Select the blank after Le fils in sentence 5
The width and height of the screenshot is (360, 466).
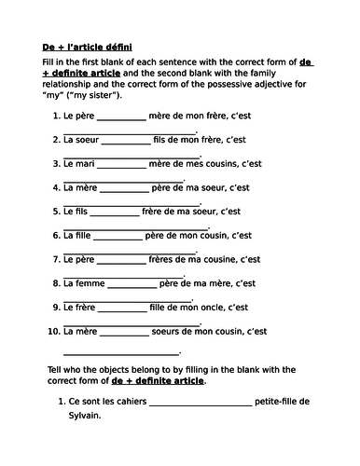pyautogui.click(x=116, y=212)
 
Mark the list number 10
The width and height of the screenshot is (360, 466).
pyautogui.click(x=51, y=329)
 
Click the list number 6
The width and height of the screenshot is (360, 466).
pyautogui.click(x=55, y=235)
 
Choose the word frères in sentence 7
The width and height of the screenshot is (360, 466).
pyautogui.click(x=173, y=258)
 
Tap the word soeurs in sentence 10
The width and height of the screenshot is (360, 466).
pyautogui.click(x=174, y=329)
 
